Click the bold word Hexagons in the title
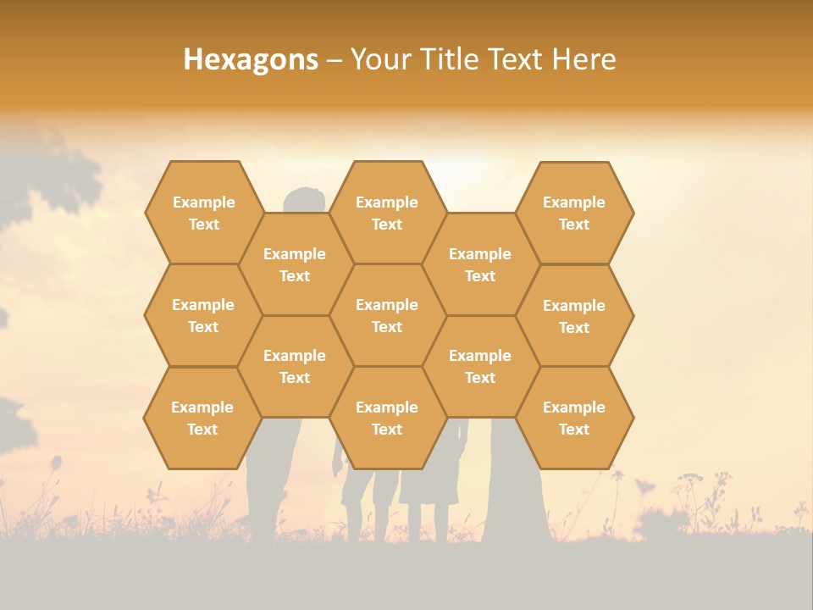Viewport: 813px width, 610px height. pos(251,59)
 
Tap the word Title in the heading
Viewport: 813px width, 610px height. pos(450,59)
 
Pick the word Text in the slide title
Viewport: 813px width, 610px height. pos(517,59)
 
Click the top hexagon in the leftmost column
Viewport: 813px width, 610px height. pos(204,213)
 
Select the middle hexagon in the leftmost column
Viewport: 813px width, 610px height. pos(203,315)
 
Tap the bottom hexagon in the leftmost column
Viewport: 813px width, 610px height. pos(202,418)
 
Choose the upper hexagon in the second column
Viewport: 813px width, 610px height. pos(295,264)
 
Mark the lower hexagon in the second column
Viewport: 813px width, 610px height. pos(295,366)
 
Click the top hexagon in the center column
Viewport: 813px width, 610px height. pos(387,213)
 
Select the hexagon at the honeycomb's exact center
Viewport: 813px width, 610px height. pos(387,315)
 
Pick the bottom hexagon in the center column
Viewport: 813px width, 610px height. pos(387,418)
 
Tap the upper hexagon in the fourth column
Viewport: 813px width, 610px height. pos(480,264)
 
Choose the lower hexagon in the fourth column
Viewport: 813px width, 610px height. pos(480,366)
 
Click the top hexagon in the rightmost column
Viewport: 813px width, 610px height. pos(574,213)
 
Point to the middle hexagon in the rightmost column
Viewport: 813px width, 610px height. pos(574,316)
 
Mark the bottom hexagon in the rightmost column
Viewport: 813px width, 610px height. pos(574,418)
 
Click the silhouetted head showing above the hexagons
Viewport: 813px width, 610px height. pos(305,200)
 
